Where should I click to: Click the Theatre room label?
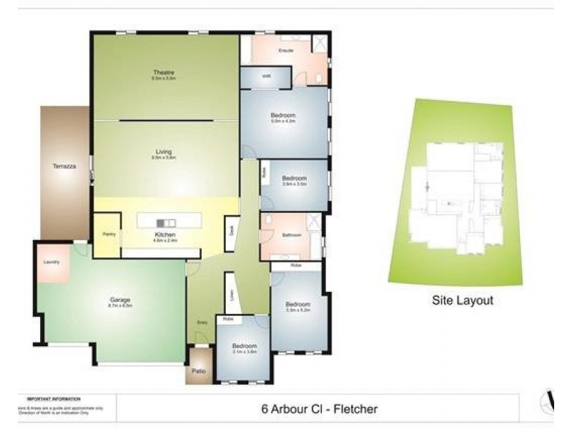click(164, 72)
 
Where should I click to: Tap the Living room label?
click(164, 151)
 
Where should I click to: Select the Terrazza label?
click(64, 167)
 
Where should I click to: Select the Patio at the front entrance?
click(199, 371)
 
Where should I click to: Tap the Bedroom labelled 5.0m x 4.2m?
click(283, 116)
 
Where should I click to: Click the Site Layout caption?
click(463, 301)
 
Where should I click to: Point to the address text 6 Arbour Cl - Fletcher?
click(319, 409)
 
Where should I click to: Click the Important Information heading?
click(54, 398)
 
